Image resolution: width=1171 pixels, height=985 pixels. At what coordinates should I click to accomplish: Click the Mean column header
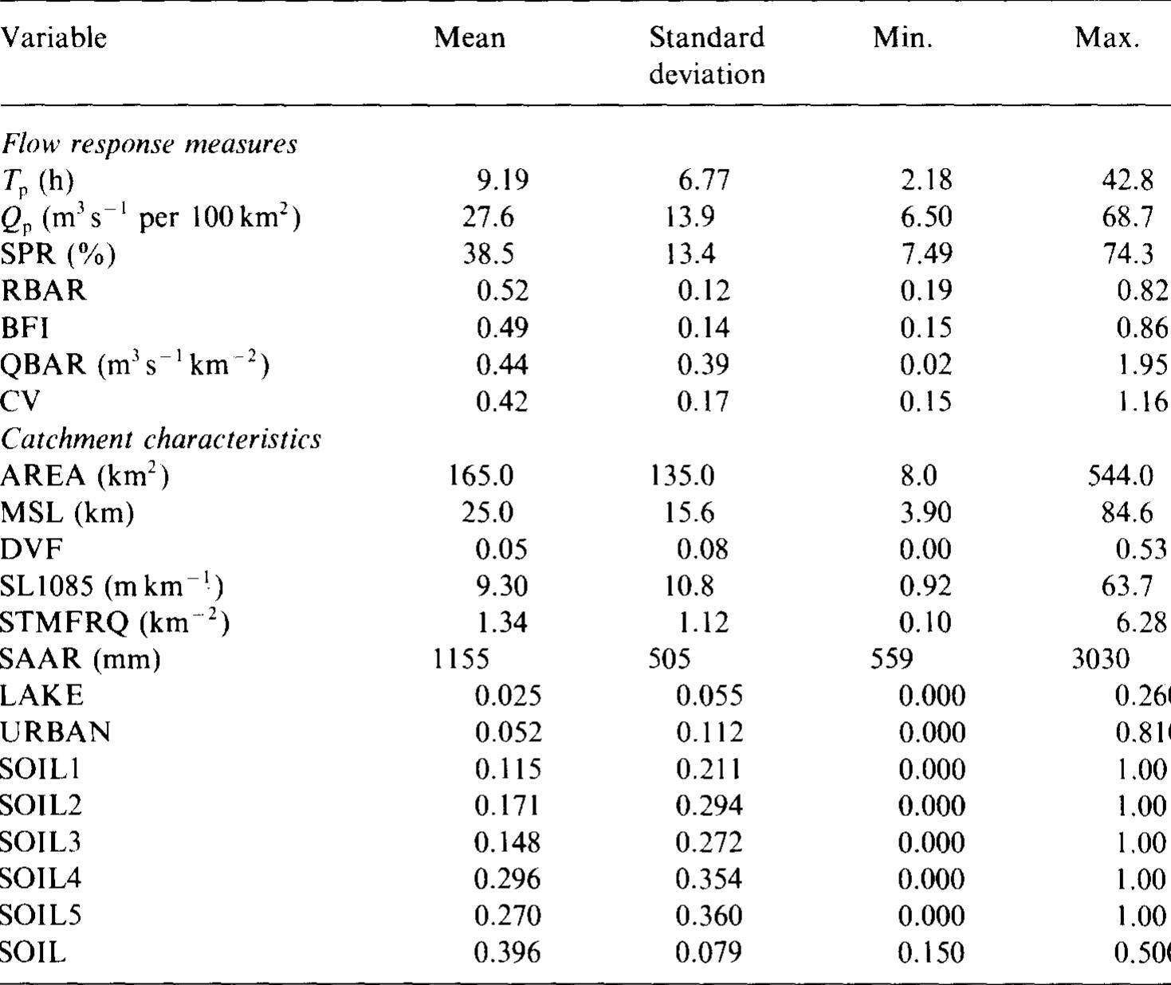point(469,37)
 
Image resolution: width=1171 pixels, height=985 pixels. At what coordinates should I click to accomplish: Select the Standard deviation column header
point(706,55)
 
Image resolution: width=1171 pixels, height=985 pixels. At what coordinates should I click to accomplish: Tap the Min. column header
point(902,37)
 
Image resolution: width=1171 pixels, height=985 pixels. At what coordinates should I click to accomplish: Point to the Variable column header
point(53,37)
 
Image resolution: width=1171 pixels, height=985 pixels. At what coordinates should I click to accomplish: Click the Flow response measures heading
point(149,144)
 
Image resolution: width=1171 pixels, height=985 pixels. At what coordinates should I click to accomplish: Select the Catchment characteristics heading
point(161,439)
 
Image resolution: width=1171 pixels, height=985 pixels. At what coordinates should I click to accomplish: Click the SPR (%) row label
point(58,254)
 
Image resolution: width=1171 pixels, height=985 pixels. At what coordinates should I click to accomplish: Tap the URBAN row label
point(55,732)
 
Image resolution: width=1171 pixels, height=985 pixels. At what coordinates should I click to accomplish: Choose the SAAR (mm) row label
point(81,659)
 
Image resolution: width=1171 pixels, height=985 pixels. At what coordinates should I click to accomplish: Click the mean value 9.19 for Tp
point(502,181)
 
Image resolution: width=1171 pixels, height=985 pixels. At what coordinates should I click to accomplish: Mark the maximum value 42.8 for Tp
point(1127,181)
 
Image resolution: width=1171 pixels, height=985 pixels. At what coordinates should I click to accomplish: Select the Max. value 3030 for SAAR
point(1100,659)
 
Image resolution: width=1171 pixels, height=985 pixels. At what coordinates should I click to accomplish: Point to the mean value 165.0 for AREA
point(481,476)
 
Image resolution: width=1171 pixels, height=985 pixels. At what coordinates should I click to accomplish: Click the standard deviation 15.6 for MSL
point(690,512)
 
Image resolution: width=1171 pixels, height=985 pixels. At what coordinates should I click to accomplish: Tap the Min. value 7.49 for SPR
point(925,254)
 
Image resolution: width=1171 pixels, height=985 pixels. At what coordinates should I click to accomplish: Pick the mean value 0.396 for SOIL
point(507,952)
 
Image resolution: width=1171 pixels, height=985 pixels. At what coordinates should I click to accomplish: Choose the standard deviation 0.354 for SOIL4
point(709,879)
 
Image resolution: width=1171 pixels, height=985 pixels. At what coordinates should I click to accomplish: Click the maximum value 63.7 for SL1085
point(1127,586)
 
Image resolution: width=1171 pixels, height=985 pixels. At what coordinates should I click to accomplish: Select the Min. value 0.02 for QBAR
point(925,364)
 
